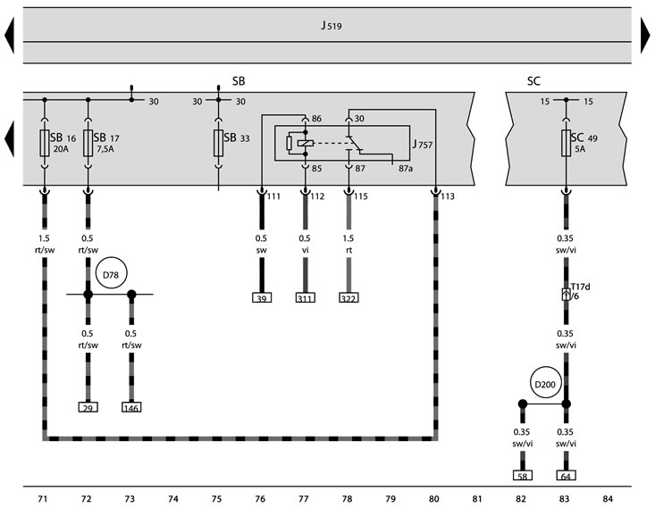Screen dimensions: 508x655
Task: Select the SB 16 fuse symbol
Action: click(44, 143)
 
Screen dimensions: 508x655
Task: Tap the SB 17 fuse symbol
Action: click(88, 143)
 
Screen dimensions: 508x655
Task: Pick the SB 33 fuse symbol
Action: click(219, 143)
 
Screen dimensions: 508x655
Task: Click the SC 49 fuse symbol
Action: click(565, 143)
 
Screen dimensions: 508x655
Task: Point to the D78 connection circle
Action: click(111, 275)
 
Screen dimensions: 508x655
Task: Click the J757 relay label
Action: click(420, 142)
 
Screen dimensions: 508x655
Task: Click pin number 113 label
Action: click(448, 196)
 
